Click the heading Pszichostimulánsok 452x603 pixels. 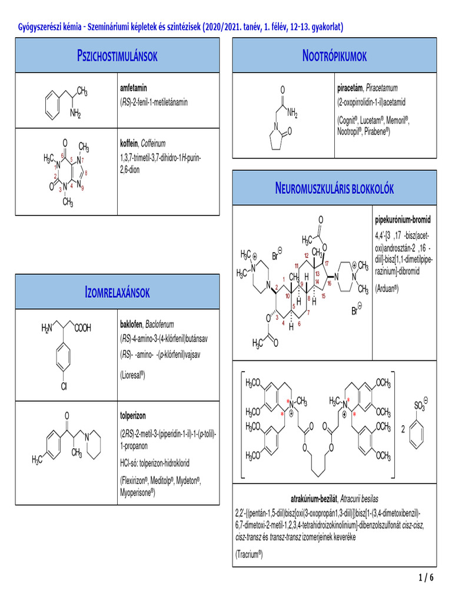click(x=117, y=57)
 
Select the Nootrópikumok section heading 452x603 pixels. click(x=334, y=57)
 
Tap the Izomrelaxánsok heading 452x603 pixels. click(x=117, y=292)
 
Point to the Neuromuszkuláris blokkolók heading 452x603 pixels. click(x=334, y=188)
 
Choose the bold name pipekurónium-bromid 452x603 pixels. click(x=403, y=220)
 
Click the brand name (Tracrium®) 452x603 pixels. click(x=248, y=554)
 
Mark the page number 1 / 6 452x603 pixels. click(x=426, y=578)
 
